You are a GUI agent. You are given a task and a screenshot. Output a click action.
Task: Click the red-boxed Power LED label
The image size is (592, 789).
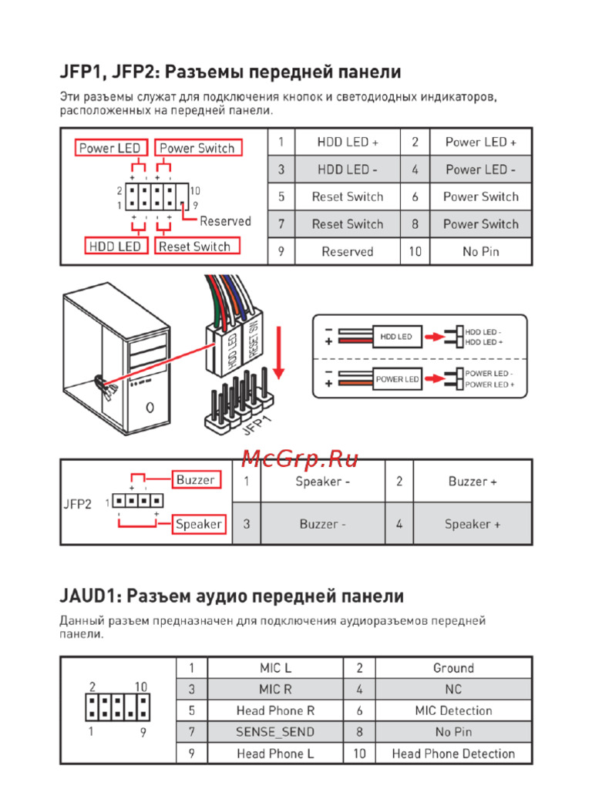(x=108, y=148)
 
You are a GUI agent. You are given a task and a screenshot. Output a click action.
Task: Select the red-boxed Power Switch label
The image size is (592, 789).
(x=197, y=148)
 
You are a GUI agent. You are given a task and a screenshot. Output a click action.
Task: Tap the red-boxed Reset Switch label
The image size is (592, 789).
(x=194, y=247)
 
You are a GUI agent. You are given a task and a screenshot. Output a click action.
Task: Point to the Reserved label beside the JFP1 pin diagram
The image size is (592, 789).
(x=225, y=221)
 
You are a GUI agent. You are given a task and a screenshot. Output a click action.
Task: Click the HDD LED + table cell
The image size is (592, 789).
(x=348, y=142)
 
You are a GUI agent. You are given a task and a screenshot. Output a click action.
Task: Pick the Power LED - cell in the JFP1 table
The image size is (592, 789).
(x=481, y=170)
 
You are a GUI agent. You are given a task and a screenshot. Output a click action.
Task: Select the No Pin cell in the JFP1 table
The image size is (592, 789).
(x=481, y=252)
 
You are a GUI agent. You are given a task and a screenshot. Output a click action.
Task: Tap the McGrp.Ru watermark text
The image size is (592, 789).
(x=300, y=460)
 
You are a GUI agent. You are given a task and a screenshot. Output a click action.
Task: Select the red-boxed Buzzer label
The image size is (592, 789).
(x=196, y=480)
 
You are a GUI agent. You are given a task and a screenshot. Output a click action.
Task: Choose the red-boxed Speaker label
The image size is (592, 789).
(x=198, y=524)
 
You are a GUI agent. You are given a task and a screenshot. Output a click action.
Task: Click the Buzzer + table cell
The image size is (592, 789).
(x=473, y=482)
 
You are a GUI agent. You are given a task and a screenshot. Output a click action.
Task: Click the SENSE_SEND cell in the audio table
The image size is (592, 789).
(x=275, y=732)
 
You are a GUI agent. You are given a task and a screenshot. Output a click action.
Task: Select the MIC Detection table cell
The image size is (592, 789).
(x=453, y=710)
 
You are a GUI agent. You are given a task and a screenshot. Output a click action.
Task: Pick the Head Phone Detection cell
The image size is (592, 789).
(x=453, y=754)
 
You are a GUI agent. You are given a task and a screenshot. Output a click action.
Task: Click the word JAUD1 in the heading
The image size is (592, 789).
(x=89, y=596)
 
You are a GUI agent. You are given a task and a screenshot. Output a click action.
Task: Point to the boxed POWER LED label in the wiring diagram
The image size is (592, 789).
(x=397, y=379)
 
